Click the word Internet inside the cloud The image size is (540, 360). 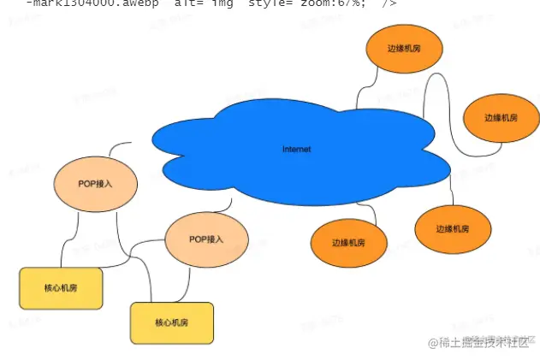pos(297,149)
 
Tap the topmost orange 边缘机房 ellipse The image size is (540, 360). pos(404,49)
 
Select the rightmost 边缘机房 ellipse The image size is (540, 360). pos(501,117)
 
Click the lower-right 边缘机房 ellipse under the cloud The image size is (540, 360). pos(453,228)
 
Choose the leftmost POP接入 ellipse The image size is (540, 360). pos(95,183)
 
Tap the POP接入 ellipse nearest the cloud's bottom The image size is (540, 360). pos(206,239)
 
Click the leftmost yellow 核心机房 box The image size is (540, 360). pos(61,288)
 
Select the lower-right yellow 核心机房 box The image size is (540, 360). pos(171,322)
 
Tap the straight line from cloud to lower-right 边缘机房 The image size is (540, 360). pos(451,193)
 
